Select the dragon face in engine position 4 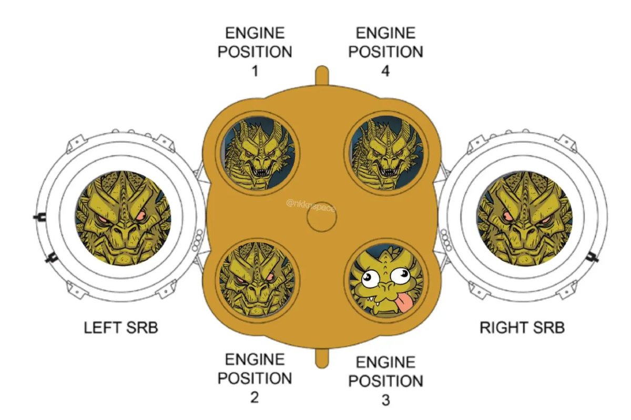(386, 152)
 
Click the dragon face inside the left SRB (123, 218)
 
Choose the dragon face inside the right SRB (525, 218)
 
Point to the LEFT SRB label (121, 328)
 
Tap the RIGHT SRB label (522, 328)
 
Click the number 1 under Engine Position (255, 70)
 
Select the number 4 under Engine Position (385, 70)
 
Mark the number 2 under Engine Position (255, 397)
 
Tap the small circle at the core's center (321, 221)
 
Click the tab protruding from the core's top (321, 75)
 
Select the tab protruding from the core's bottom (321, 357)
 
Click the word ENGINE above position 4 (385, 33)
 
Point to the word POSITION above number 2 (255, 378)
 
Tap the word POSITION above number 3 (385, 381)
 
